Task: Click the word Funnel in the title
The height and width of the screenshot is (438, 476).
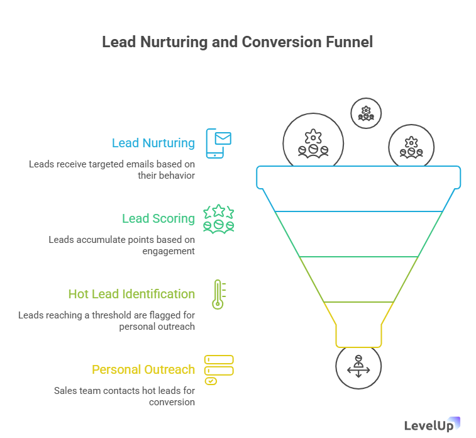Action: coord(349,43)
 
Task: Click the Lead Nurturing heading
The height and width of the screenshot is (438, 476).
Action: coord(153,143)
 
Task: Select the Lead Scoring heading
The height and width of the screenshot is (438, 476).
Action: coord(158,219)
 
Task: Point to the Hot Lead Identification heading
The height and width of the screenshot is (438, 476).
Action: coord(131,295)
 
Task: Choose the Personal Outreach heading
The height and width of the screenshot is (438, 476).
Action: coord(143,370)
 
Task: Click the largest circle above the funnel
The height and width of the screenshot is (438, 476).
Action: coord(313,143)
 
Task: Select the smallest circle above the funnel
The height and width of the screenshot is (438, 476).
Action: coord(365,113)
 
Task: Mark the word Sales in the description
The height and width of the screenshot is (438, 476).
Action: coord(65,391)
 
